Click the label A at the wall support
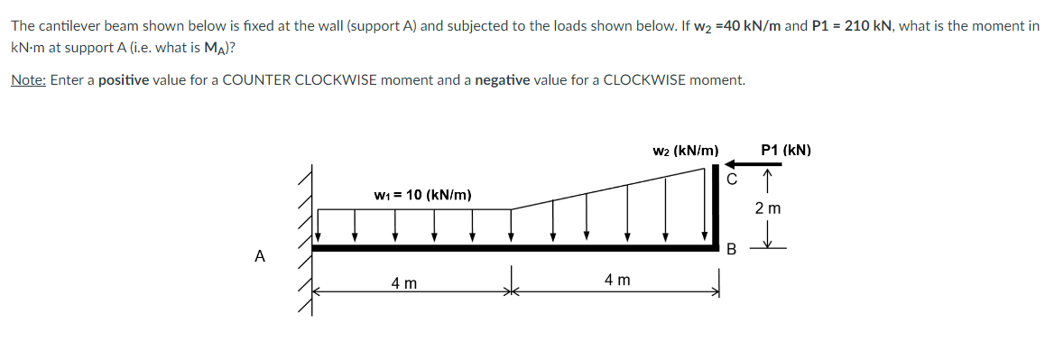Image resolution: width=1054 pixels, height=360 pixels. coord(260,255)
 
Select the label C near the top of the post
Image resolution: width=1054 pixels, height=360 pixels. coord(733,179)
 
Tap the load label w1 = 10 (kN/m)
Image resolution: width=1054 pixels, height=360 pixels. coord(422,194)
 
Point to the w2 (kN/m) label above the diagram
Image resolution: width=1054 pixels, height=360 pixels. coord(685,150)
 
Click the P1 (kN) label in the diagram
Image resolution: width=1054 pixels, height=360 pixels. coord(786,150)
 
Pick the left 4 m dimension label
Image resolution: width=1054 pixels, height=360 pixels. coord(403,283)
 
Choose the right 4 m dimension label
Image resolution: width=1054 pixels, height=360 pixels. coord(617,281)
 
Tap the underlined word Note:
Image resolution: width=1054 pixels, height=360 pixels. coord(28,80)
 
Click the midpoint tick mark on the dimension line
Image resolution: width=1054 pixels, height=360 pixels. coord(512,291)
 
